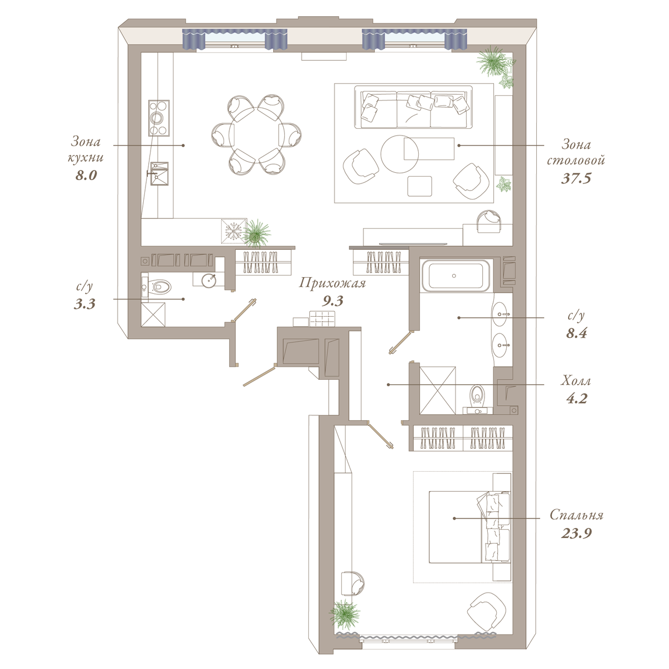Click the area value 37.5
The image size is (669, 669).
pyautogui.click(x=576, y=178)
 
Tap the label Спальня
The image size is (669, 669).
pyautogui.click(x=576, y=515)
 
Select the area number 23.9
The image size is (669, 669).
pyautogui.click(x=576, y=533)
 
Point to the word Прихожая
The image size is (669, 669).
pyautogui.click(x=332, y=283)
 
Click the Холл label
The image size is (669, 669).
pyautogui.click(x=576, y=381)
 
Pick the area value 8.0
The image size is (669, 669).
pyautogui.click(x=86, y=175)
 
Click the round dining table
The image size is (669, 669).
pyautogui.click(x=256, y=134)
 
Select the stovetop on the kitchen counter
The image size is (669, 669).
pyautogui.click(x=159, y=118)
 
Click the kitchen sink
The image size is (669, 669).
pyautogui.click(x=159, y=173)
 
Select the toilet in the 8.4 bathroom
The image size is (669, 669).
pyautogui.click(x=477, y=398)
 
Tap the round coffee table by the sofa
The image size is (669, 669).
pyautogui.click(x=399, y=154)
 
